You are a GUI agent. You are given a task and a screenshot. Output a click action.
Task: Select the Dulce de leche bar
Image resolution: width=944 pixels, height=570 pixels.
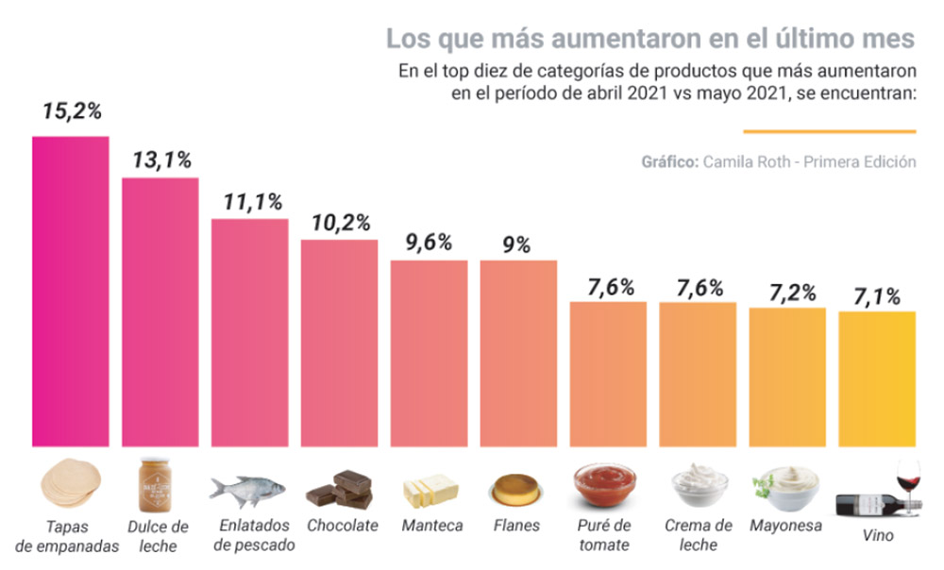coord(160,311)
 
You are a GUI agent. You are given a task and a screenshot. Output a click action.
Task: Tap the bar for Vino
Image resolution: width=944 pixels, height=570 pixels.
coord(877,378)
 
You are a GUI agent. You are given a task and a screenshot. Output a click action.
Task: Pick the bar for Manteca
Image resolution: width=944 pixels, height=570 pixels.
coord(430,353)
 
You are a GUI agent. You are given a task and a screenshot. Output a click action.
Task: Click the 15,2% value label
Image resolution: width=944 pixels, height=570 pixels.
coord(71,110)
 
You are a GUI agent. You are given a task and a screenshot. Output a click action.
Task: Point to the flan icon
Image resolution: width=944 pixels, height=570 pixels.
coord(516,490)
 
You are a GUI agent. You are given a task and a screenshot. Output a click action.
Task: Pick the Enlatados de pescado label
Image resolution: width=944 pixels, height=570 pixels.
coord(254,535)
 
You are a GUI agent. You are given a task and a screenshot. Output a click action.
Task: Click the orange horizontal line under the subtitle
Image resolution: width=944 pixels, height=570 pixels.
coord(830,131)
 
